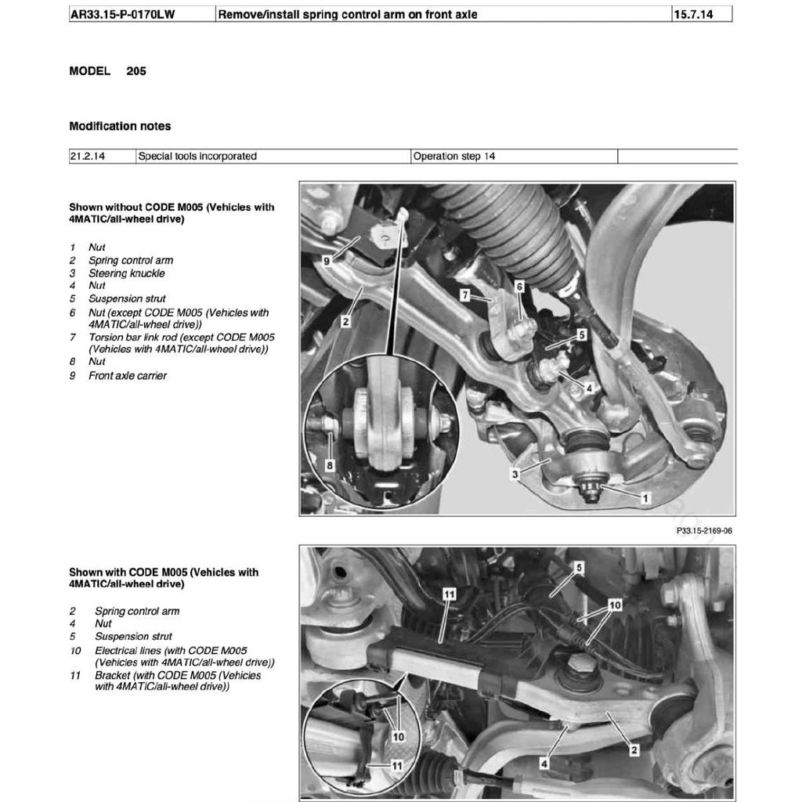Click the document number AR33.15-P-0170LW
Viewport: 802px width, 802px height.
click(x=122, y=14)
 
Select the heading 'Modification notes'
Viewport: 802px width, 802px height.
click(x=120, y=126)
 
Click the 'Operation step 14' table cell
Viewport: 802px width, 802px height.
click(x=454, y=156)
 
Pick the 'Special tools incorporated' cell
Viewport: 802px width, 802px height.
click(x=197, y=156)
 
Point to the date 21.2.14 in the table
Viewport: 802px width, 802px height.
click(x=87, y=156)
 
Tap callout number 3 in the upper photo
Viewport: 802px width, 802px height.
click(x=514, y=474)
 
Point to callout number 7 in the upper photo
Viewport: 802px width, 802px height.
click(x=464, y=295)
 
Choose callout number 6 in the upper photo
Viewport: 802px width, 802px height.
click(x=518, y=287)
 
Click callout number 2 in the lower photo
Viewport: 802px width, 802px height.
click(x=634, y=749)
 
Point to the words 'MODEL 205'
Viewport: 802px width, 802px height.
click(x=107, y=71)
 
